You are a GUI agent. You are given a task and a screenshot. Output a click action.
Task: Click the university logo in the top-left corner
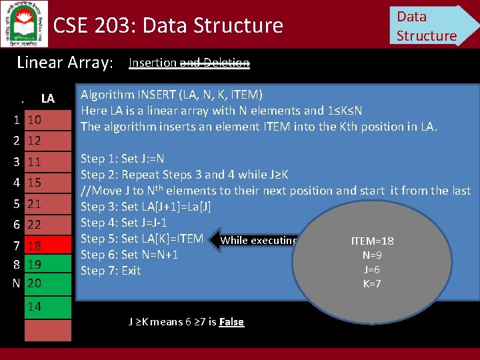24,23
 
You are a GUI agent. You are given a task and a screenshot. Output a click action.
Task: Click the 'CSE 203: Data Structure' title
168,25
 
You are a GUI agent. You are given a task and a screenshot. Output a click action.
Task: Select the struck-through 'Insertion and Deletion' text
189,63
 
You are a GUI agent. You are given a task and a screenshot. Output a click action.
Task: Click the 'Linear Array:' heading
65,63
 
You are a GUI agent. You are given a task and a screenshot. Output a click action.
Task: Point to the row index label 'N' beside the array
16,283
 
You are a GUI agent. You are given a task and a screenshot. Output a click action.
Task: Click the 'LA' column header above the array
47,99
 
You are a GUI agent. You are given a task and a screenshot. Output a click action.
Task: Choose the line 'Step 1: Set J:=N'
122,159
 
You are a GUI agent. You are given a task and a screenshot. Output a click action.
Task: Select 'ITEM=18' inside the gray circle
371,241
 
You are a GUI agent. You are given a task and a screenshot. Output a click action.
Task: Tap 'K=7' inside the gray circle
371,283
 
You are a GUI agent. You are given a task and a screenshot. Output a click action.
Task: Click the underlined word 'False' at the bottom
231,322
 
